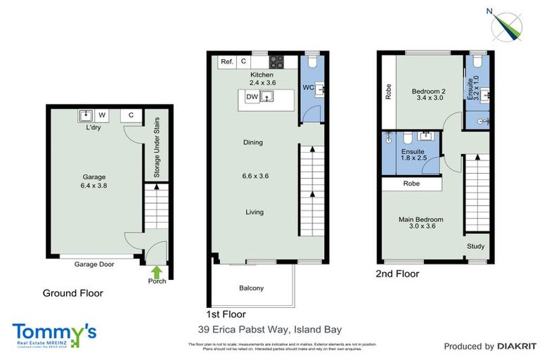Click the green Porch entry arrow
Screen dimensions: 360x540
(156, 271)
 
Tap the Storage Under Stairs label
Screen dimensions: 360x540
(157, 147)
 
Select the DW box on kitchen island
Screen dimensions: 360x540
(251, 98)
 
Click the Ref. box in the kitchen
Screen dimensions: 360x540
(226, 62)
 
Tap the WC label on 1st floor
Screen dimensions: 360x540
(307, 88)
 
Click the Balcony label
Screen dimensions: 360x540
(251, 288)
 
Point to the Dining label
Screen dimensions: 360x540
(252, 142)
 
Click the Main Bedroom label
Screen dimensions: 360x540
(420, 219)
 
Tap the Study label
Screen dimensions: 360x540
(476, 247)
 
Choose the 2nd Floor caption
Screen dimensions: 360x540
(397, 274)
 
